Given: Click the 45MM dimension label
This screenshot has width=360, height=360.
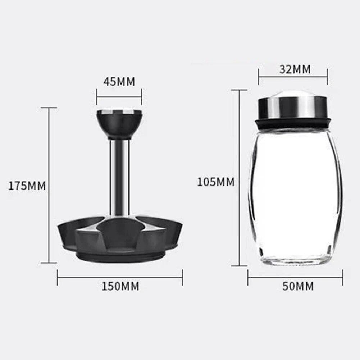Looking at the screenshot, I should click(x=119, y=82).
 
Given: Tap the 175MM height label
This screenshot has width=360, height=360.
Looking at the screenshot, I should click(x=27, y=186).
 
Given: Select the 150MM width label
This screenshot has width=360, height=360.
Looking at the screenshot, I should click(x=120, y=286).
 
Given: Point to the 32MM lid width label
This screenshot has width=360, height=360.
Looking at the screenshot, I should click(x=295, y=69).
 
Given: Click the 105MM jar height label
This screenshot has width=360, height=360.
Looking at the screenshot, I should click(x=215, y=182).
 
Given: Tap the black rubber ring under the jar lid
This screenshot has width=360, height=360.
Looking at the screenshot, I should click(x=293, y=123).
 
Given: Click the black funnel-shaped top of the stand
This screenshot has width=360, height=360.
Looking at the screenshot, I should click(x=119, y=126).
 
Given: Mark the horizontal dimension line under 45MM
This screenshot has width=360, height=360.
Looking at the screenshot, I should click(x=119, y=96).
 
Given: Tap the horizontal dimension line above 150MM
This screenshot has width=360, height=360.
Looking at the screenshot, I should click(x=120, y=277).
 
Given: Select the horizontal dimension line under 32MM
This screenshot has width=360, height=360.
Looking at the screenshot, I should click(x=293, y=76).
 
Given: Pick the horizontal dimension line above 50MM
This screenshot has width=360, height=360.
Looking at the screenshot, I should click(x=295, y=277).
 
